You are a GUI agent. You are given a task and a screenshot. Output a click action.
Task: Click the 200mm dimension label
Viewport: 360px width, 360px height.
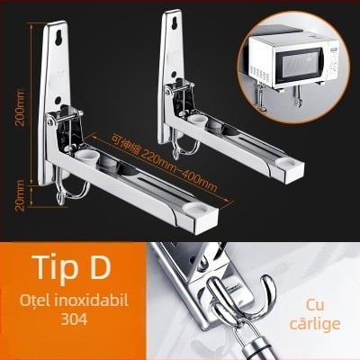(x=21, y=107)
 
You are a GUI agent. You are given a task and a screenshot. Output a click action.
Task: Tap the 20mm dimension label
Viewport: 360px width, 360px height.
(x=21, y=195)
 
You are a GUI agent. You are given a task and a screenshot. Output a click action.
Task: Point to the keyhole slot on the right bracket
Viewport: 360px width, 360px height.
(x=173, y=23)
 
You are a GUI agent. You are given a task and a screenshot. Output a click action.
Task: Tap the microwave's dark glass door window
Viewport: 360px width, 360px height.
(x=300, y=65)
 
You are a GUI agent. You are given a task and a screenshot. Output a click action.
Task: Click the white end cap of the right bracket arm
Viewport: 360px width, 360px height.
(x=284, y=163)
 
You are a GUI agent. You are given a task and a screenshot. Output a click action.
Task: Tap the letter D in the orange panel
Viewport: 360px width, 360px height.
(x=97, y=266)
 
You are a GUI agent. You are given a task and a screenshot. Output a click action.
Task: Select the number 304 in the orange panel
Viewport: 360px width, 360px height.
(x=74, y=319)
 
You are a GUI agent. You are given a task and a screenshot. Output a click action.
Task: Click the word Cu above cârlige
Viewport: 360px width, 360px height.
(x=315, y=306)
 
